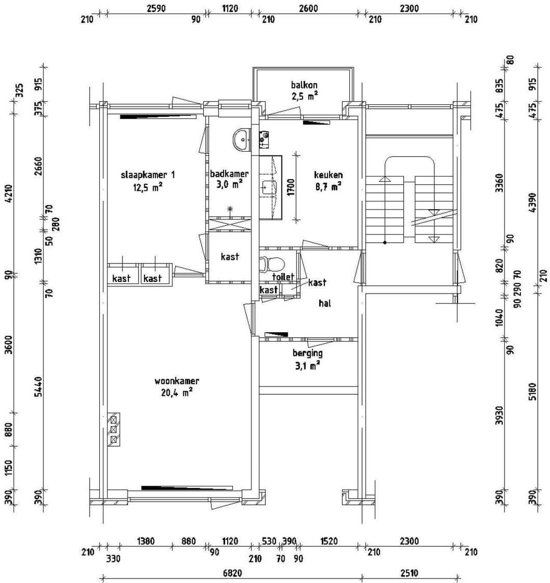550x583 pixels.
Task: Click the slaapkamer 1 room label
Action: coord(148,175)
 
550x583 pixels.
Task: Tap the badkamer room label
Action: coord(229,174)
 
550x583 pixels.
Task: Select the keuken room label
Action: coord(328,174)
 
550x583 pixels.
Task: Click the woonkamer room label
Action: coord(177,381)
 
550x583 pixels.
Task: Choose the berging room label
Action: coord(307,353)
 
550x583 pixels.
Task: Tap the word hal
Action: coord(325,303)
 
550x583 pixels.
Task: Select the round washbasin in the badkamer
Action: coord(241,137)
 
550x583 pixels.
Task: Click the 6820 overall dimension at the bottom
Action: coord(229,573)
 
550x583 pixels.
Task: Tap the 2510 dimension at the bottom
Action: coord(409,573)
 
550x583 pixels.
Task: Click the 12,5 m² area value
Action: coord(148,187)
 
